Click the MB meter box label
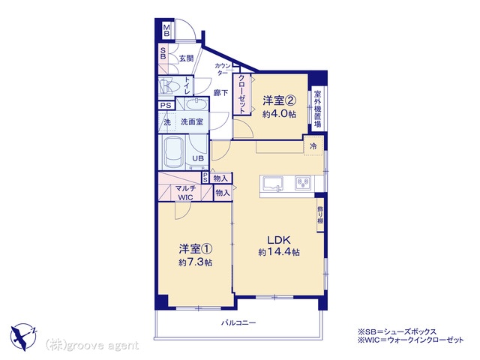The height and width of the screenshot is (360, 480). click(x=166, y=30)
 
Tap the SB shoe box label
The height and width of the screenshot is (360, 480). click(x=163, y=53)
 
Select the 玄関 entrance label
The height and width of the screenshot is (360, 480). click(x=186, y=58)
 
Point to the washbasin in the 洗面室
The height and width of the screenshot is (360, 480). click(x=196, y=105)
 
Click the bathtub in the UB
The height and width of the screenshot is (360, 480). click(x=173, y=151)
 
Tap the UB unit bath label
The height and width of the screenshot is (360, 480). click(x=198, y=158)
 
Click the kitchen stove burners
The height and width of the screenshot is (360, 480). click(x=303, y=183)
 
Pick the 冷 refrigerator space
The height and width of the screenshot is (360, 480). click(x=313, y=146)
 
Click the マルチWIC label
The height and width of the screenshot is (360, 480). click(x=185, y=193)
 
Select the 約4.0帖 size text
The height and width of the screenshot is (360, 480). click(x=279, y=114)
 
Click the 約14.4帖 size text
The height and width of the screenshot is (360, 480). click(x=279, y=252)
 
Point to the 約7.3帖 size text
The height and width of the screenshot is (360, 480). click(x=196, y=262)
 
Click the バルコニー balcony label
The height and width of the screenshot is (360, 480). click(x=238, y=322)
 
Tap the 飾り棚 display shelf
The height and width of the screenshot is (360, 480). click(x=320, y=214)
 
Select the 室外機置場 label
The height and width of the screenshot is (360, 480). click(x=318, y=109)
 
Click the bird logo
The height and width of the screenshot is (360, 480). click(x=23, y=337)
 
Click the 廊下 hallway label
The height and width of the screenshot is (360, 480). click(x=220, y=92)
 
